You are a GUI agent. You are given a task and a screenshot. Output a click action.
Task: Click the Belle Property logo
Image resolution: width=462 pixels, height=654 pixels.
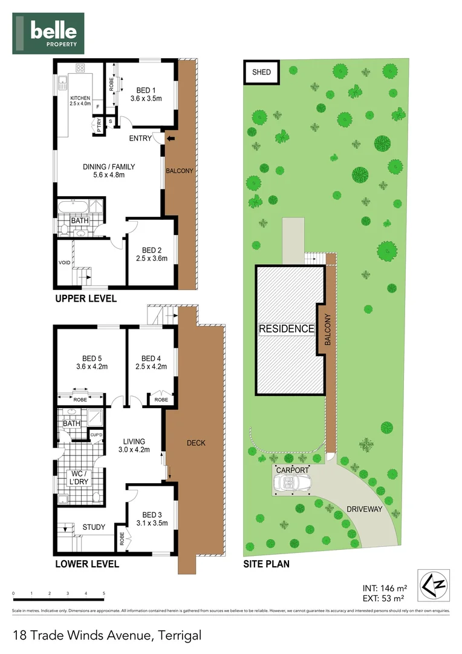click(48, 33)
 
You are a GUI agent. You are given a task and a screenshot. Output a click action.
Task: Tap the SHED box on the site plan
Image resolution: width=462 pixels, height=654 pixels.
click(261, 73)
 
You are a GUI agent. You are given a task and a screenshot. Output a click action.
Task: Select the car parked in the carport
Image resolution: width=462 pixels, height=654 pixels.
click(291, 483)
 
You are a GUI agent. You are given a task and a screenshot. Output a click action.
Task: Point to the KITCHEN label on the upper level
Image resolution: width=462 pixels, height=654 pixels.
click(80, 101)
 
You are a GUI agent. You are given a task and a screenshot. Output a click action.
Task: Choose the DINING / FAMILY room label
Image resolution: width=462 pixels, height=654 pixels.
click(108, 171)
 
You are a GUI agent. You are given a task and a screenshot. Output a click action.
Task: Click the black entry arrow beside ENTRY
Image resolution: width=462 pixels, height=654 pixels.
click(171, 139)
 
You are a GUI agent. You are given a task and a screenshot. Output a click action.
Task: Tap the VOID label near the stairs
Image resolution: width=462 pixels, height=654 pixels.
click(64, 262)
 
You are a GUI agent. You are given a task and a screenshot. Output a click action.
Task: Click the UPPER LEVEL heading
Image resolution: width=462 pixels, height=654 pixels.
click(86, 299)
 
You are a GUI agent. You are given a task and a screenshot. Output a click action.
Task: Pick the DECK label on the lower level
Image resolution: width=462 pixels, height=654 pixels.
click(195, 443)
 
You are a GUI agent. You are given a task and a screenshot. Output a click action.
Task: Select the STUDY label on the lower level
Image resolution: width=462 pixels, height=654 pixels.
click(94, 527)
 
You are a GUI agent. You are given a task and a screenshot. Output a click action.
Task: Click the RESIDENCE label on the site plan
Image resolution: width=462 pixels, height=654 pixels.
click(287, 329)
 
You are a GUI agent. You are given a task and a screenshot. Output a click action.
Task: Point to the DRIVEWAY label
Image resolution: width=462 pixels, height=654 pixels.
click(364, 509)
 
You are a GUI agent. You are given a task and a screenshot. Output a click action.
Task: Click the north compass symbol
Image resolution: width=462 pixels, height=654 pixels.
click(433, 585)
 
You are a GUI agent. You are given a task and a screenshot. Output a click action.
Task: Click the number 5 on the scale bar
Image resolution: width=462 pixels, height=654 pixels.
click(104, 593)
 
